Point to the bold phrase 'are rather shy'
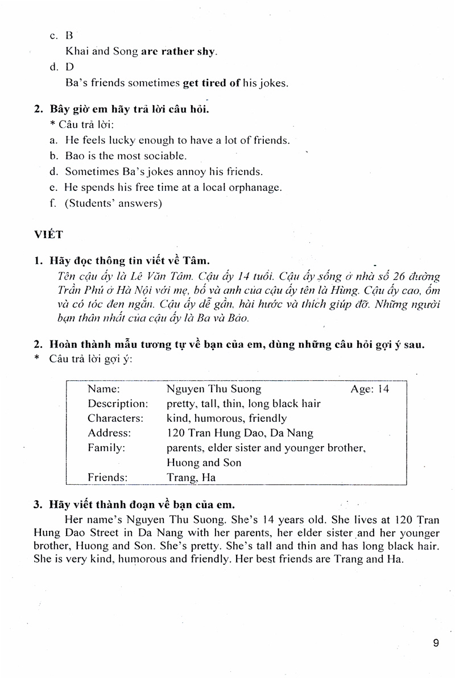pos(179,51)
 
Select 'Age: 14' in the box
pos(369,389)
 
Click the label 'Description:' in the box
pos(118,404)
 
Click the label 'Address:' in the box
pos(109,434)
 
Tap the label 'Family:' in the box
pos(106,448)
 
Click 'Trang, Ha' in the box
pos(191,478)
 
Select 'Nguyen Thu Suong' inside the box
pos(214,389)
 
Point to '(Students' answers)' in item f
pos(113,203)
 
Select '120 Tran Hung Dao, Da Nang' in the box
pos(240,434)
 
